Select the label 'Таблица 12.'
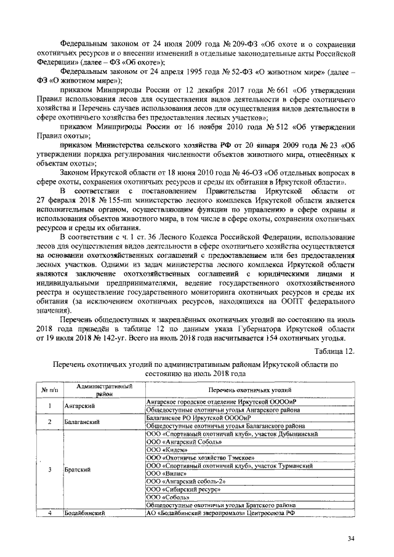[335, 351]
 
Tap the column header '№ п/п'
[49, 390]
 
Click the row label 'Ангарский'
[77, 406]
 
